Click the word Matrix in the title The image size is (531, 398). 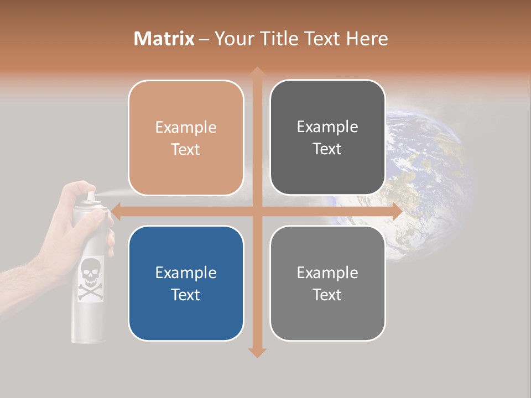coord(164,39)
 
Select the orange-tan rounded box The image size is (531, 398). coord(186,138)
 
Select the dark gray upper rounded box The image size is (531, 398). coord(327,137)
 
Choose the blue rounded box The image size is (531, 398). coord(186,283)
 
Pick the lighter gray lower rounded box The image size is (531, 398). coord(327,283)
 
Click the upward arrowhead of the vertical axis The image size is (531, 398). coord(257,72)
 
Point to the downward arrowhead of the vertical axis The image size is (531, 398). coord(257,353)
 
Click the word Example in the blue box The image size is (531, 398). coord(186,273)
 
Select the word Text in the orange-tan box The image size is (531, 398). coord(186,149)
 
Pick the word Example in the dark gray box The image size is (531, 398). coord(327,127)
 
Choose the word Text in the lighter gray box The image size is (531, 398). coord(327,295)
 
